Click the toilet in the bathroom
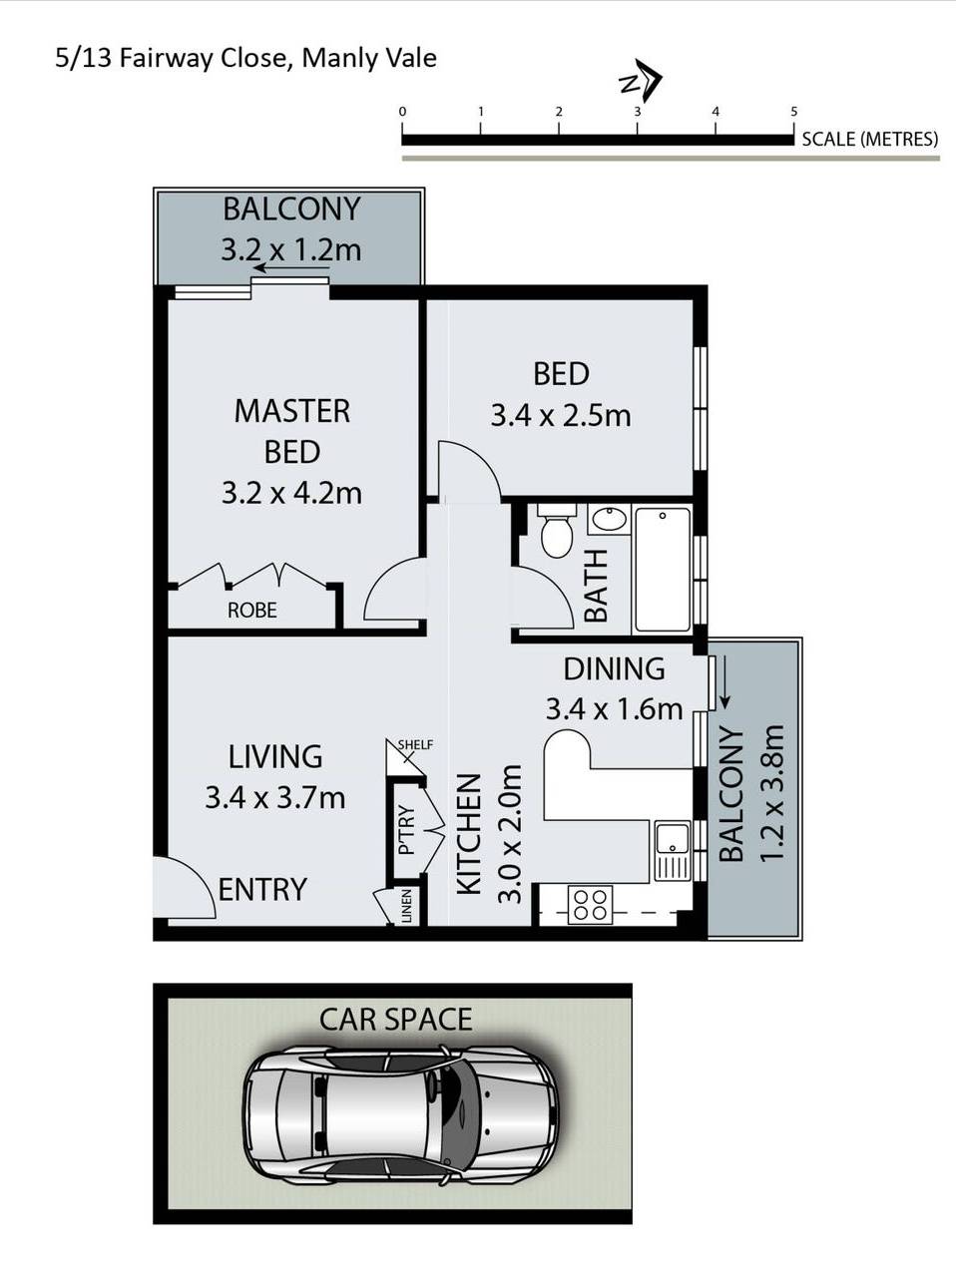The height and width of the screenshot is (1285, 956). pyautogui.click(x=557, y=530)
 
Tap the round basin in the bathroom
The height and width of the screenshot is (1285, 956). pyautogui.click(x=609, y=518)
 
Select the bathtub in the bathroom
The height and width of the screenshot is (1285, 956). pyautogui.click(x=663, y=569)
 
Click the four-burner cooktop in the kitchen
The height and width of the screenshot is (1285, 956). pyautogui.click(x=590, y=905)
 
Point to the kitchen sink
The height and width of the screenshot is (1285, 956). pyautogui.click(x=673, y=850)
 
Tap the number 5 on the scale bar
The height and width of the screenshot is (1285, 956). pyautogui.click(x=793, y=111)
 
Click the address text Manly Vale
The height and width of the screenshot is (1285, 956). pyautogui.click(x=369, y=59)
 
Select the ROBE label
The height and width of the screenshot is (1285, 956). pyautogui.click(x=252, y=610)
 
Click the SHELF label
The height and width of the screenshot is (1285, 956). pyautogui.click(x=415, y=744)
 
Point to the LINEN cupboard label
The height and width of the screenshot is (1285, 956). pyautogui.click(x=407, y=906)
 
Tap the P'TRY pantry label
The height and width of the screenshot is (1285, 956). pyautogui.click(x=406, y=830)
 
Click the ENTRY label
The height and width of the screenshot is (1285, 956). pyautogui.click(x=262, y=889)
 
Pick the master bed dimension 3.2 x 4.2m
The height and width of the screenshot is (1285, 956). pyautogui.click(x=291, y=494)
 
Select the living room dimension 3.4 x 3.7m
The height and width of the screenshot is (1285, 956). pyautogui.click(x=274, y=798)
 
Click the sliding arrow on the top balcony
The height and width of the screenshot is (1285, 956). pyautogui.click(x=292, y=268)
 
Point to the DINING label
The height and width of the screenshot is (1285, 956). pyautogui.click(x=614, y=668)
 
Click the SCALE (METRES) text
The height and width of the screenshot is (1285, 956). pyautogui.click(x=869, y=139)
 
